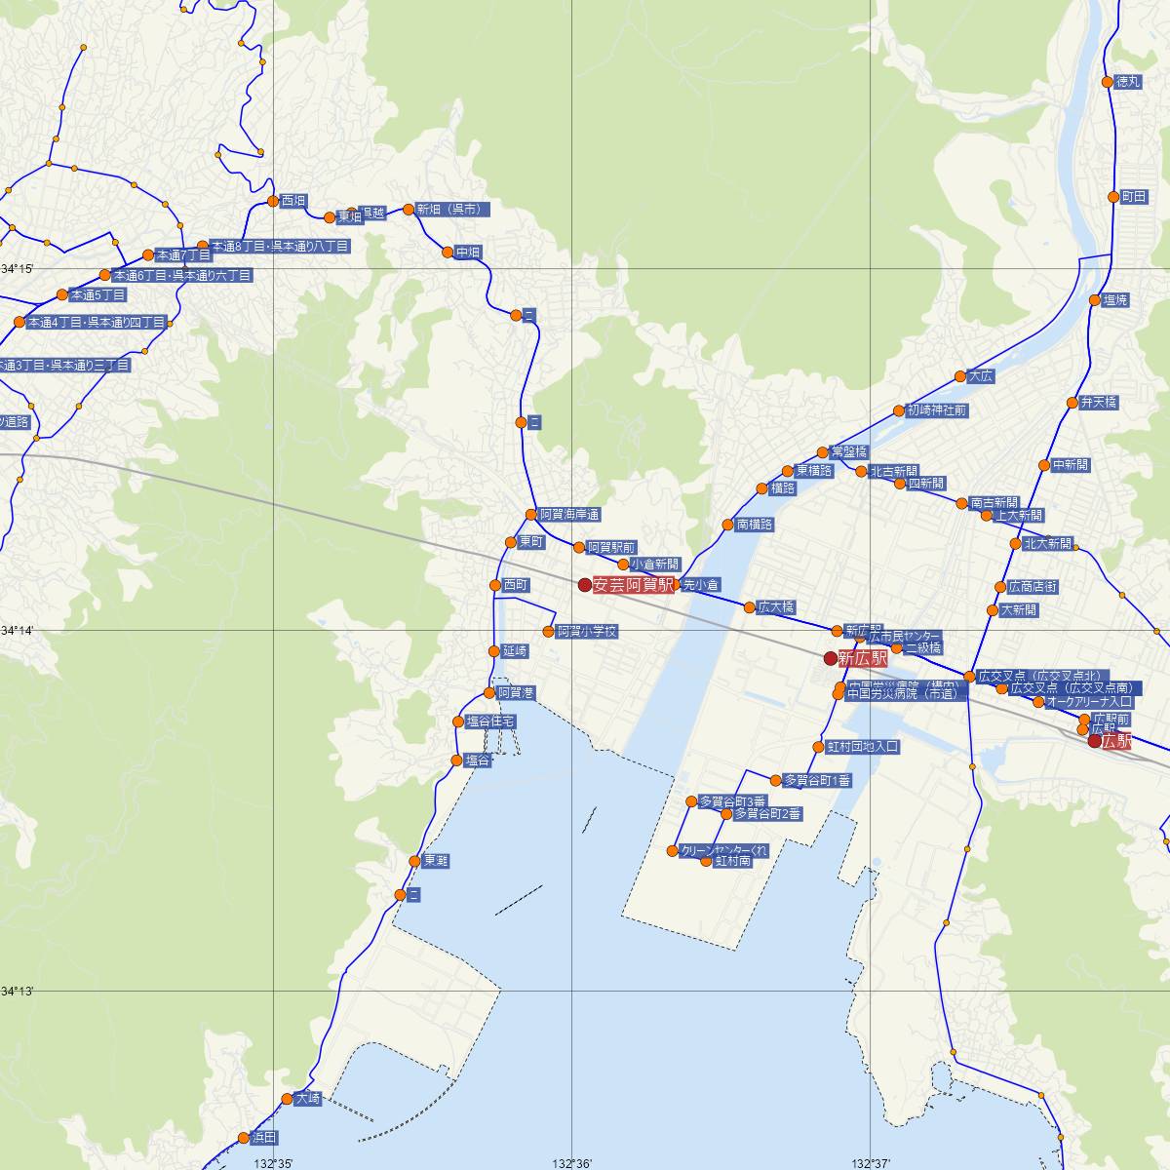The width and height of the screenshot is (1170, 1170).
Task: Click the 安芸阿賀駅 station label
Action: click(633, 585)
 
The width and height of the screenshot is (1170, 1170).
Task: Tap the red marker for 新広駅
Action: click(831, 658)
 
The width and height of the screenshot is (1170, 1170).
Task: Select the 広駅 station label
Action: click(1117, 741)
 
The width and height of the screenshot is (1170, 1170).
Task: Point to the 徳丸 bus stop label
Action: click(1127, 82)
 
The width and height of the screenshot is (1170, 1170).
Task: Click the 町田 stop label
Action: click(1134, 197)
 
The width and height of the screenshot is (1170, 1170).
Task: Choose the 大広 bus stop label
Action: click(980, 376)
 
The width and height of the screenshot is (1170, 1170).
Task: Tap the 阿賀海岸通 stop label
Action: click(570, 514)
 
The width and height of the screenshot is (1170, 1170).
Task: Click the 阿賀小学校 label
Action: click(587, 632)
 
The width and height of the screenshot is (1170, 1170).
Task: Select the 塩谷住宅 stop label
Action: click(490, 721)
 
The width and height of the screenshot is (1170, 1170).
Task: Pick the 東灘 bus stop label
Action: click(436, 861)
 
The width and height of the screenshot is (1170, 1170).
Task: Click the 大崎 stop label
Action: click(307, 1099)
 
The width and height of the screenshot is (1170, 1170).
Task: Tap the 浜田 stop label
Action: click(264, 1138)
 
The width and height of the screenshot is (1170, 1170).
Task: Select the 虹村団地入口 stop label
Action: click(862, 747)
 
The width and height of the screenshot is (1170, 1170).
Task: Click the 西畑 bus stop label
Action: click(293, 202)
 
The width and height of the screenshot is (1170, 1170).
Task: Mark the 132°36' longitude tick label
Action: click(571, 1163)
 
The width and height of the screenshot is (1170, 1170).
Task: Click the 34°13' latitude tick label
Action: click(18, 992)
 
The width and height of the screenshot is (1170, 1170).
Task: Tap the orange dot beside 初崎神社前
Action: click(899, 410)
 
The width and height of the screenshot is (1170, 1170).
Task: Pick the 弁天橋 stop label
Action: click(1099, 403)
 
